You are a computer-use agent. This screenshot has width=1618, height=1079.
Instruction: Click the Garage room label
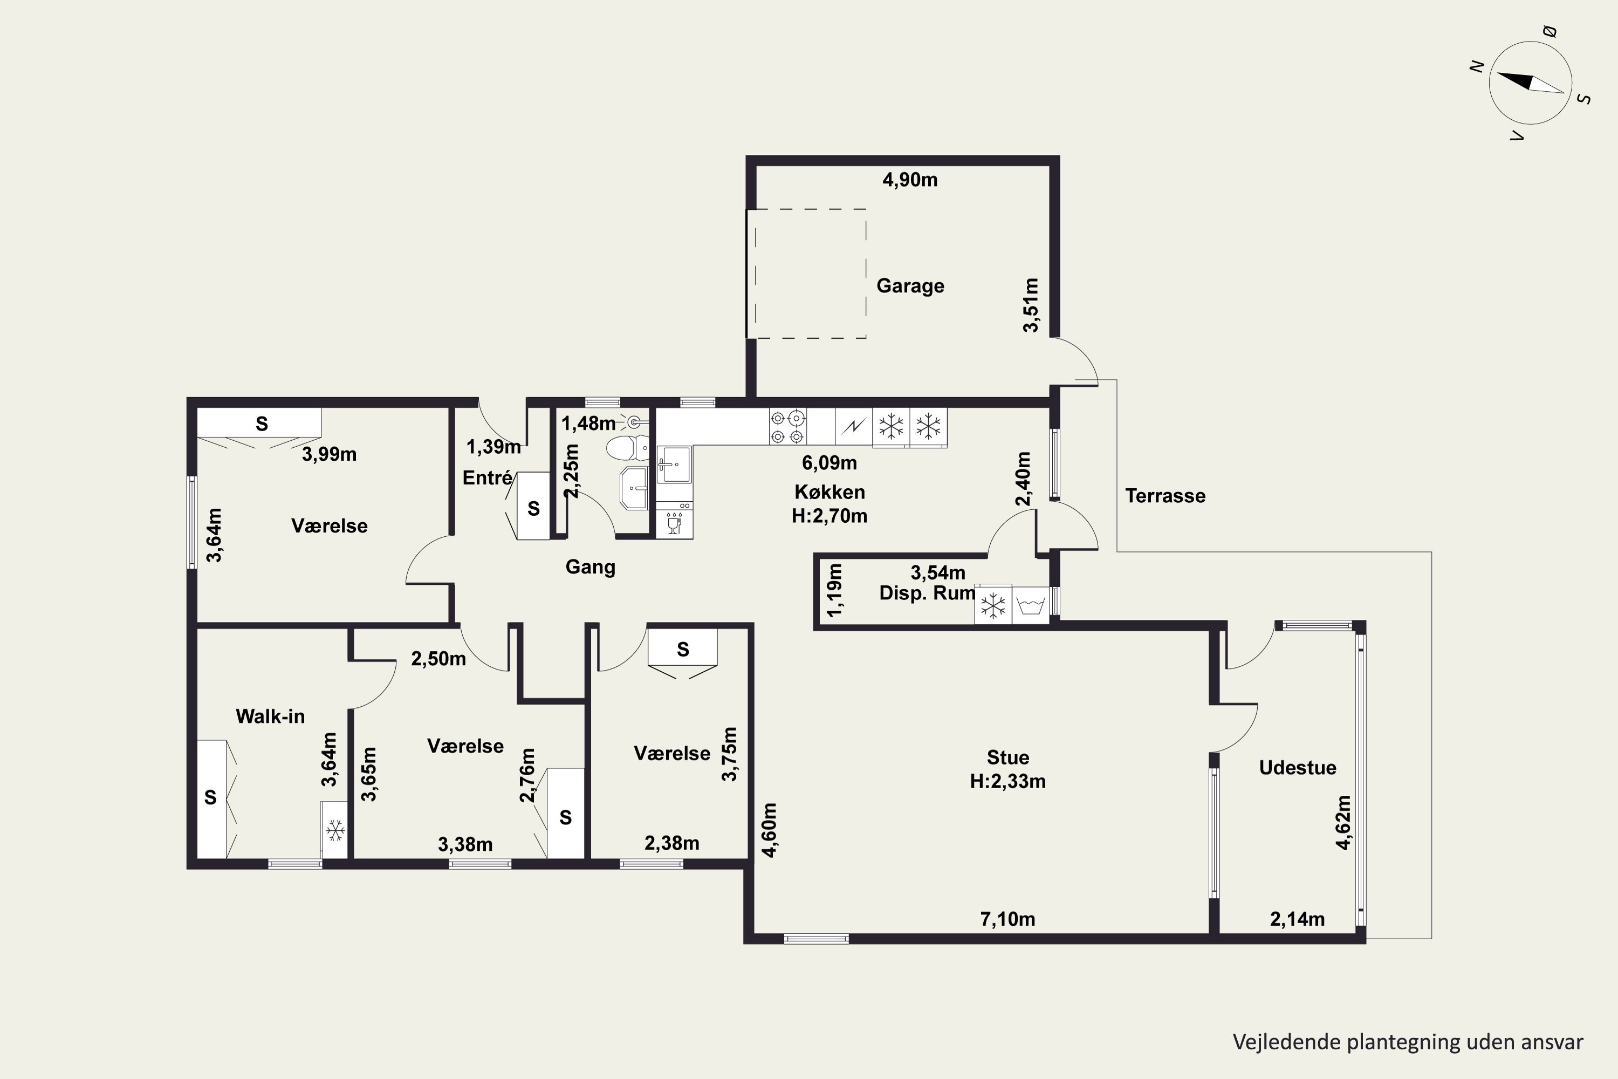[910, 285]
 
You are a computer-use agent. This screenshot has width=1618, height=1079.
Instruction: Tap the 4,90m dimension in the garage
[910, 180]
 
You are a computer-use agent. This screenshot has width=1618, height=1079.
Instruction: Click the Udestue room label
[1298, 767]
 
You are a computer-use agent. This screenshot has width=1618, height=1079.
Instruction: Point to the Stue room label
[1008, 757]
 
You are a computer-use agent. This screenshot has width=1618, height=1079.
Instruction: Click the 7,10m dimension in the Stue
[1008, 919]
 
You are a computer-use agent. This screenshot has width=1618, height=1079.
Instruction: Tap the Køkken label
[829, 491]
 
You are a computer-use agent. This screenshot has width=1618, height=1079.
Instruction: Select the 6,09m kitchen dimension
[829, 462]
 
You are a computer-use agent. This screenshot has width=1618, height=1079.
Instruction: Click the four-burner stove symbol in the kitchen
[787, 427]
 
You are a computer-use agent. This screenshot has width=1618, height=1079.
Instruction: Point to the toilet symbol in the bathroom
[627, 447]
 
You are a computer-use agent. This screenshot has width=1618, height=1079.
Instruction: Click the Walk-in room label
[270, 716]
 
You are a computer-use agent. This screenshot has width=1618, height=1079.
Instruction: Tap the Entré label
[487, 477]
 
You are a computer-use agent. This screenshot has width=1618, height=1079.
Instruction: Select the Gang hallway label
[590, 567]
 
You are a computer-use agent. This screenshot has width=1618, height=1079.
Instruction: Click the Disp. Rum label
[927, 593]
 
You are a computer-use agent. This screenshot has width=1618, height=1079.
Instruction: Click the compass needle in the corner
[1531, 83]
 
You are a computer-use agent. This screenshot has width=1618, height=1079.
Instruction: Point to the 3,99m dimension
[330, 454]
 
